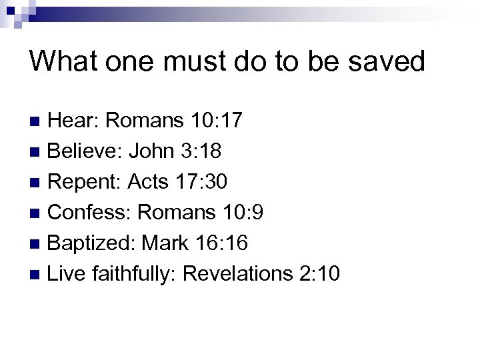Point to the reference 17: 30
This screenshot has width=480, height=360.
[207, 182]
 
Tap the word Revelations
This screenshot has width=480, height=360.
[238, 274]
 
